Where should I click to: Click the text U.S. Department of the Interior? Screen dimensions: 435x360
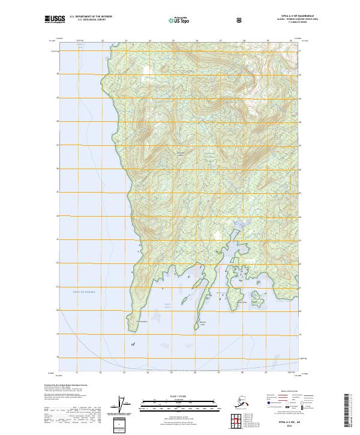91,17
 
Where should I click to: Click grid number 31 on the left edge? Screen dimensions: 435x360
57,51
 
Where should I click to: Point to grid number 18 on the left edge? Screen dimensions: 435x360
57,356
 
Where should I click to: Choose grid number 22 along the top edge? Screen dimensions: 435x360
103,41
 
